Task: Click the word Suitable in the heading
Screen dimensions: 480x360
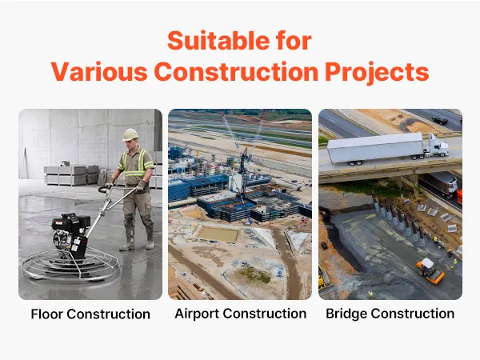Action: click(219, 41)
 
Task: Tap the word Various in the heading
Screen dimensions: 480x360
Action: click(99, 72)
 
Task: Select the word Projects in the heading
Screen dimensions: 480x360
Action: click(377, 72)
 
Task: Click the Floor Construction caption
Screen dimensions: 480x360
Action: click(90, 314)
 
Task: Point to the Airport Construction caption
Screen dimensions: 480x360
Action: click(240, 314)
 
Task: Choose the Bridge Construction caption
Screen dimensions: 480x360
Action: click(390, 314)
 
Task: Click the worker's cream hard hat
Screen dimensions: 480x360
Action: click(130, 134)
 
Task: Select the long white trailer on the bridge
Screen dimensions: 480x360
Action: click(376, 149)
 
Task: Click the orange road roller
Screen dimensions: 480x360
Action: click(430, 270)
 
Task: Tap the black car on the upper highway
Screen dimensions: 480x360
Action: click(439, 120)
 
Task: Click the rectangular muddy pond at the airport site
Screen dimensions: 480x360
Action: click(218, 234)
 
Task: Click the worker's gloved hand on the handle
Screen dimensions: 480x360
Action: click(142, 186)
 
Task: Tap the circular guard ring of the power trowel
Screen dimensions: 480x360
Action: click(70, 265)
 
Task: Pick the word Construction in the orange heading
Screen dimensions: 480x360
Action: click(236, 72)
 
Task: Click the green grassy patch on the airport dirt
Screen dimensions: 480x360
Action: click(254, 274)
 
